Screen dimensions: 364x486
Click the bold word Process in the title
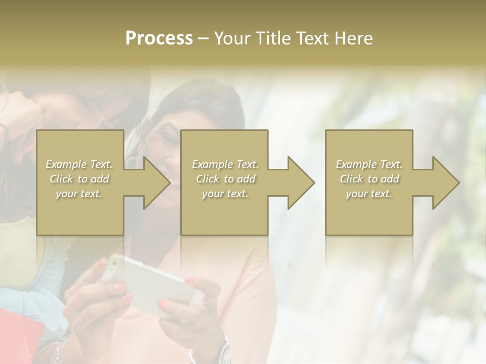click(x=159, y=38)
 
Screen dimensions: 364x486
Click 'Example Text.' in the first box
click(x=79, y=164)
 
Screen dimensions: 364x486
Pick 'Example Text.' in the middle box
click(x=225, y=164)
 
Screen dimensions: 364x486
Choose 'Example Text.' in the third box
click(x=369, y=164)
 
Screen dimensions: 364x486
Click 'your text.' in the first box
click(x=79, y=194)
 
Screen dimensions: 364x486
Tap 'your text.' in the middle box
click(x=225, y=194)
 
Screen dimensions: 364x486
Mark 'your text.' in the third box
click(x=369, y=194)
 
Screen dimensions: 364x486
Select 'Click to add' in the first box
click(x=79, y=179)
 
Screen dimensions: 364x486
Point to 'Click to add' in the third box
click(x=370, y=179)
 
